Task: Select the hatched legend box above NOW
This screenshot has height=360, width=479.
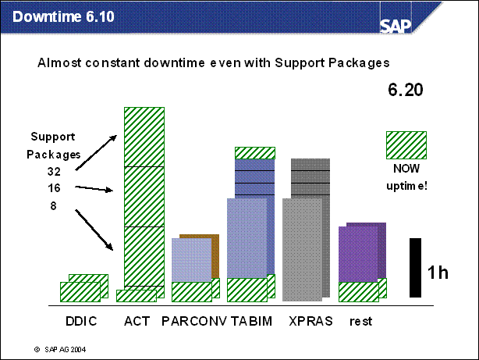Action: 406,144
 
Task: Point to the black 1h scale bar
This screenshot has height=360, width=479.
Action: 415,267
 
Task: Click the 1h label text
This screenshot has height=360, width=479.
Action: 438,273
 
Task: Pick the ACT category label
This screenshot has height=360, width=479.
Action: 137,321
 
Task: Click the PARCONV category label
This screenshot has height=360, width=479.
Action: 193,321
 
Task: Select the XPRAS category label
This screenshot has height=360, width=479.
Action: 310,321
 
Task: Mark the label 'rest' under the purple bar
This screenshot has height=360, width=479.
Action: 361,321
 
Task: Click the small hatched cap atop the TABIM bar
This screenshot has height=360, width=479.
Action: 254,152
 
